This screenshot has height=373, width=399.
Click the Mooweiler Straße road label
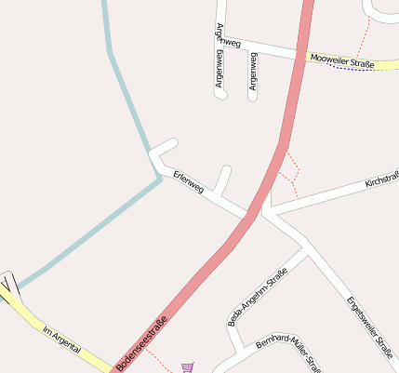click(x=342, y=61)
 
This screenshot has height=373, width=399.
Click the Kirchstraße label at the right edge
click(x=381, y=177)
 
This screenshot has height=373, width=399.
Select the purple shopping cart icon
click(x=189, y=367)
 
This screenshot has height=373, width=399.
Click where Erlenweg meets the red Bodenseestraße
click(x=249, y=216)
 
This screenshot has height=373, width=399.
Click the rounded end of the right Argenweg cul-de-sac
click(x=252, y=96)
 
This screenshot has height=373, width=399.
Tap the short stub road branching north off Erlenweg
click(x=222, y=179)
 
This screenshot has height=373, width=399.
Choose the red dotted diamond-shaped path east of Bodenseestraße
click(x=290, y=172)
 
